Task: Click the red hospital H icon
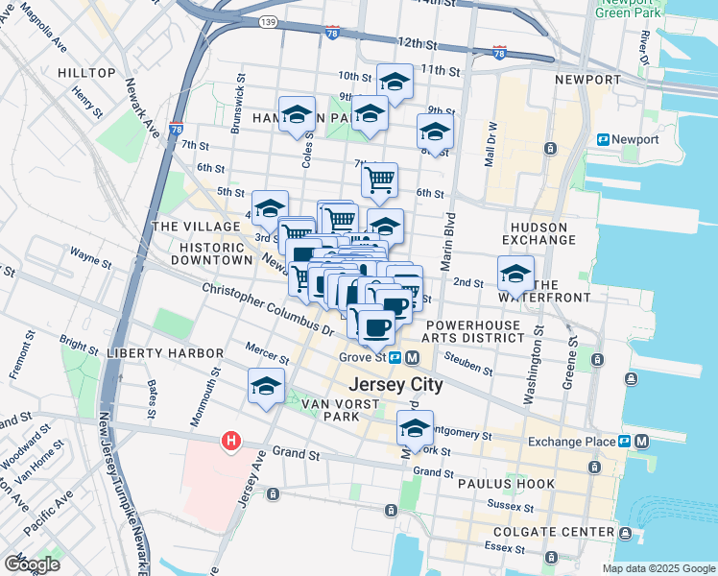click(x=230, y=441)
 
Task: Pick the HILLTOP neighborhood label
click(x=86, y=73)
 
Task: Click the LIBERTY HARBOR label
click(x=165, y=353)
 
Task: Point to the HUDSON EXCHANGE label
click(x=538, y=233)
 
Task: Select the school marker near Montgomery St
click(x=416, y=424)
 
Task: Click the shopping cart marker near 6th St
click(x=380, y=178)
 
